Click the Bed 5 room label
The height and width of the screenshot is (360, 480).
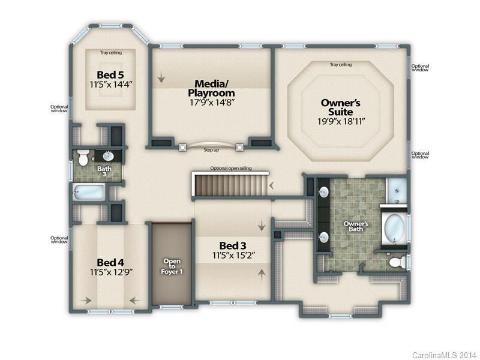click(110, 74)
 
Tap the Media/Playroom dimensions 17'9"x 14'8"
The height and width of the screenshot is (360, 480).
click(212, 102)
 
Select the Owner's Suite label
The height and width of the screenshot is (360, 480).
click(341, 107)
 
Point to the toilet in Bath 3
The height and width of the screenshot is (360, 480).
click(82, 157)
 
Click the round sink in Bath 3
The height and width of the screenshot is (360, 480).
click(108, 156)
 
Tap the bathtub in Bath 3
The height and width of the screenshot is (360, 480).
click(89, 192)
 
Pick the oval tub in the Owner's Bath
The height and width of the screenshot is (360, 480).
click(395, 228)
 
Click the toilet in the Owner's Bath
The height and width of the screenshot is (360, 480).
click(397, 263)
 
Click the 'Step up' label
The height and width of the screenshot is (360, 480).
click(211, 150)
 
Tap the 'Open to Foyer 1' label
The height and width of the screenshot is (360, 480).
click(172, 266)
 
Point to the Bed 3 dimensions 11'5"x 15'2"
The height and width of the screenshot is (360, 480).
click(234, 256)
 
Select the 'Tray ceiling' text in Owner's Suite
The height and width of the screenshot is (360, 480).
click(341, 65)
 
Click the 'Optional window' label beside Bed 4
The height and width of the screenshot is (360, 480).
click(59, 239)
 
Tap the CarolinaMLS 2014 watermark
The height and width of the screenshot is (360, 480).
click(444, 355)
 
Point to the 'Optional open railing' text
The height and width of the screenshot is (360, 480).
click(231, 169)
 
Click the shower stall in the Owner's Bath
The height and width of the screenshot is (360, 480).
click(397, 191)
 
